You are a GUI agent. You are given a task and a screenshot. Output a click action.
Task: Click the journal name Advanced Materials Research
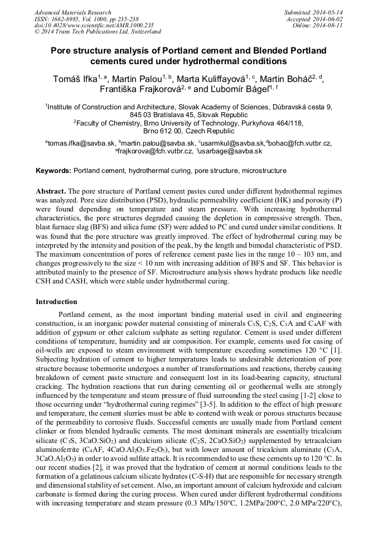click(72, 12)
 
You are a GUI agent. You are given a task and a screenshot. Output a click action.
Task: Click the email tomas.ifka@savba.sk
click(81, 143)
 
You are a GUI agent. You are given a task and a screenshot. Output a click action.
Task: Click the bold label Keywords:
click(54, 170)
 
